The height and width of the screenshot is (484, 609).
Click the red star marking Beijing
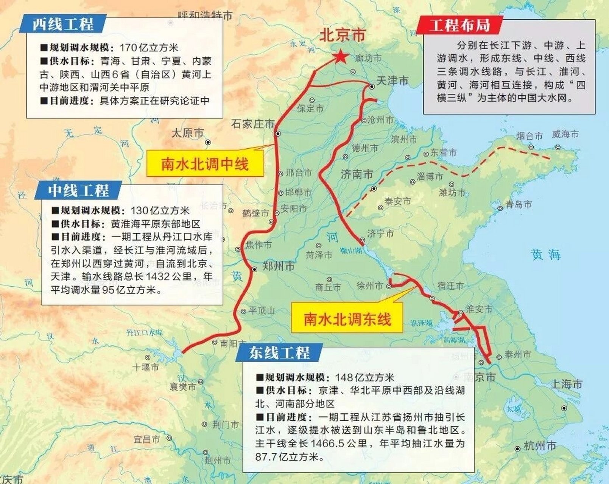coord(341,57)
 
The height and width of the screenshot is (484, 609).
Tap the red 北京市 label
coord(343,35)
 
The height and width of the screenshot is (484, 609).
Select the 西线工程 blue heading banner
coord(63,24)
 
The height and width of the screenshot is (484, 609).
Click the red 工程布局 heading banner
coord(459,25)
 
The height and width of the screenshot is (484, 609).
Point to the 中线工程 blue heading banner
coord(78,190)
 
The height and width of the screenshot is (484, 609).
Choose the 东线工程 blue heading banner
coord(279,353)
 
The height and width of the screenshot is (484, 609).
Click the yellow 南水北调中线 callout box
coord(205,164)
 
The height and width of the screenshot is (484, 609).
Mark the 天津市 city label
coord(393,81)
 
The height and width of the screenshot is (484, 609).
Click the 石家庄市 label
coord(253,124)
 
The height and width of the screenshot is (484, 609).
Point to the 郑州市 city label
coord(279,266)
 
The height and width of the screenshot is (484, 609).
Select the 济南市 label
coord(357,174)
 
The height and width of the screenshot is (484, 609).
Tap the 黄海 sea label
coord(545,254)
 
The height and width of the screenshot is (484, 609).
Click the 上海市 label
coord(566,384)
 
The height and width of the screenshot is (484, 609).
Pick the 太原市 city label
coord(188,133)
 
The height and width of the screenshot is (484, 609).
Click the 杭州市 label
coord(540,446)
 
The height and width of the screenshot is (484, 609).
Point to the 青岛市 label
coord(519,205)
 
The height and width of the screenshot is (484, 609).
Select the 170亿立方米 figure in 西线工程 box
coord(149,48)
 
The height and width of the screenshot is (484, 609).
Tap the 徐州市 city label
coord(370,286)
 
